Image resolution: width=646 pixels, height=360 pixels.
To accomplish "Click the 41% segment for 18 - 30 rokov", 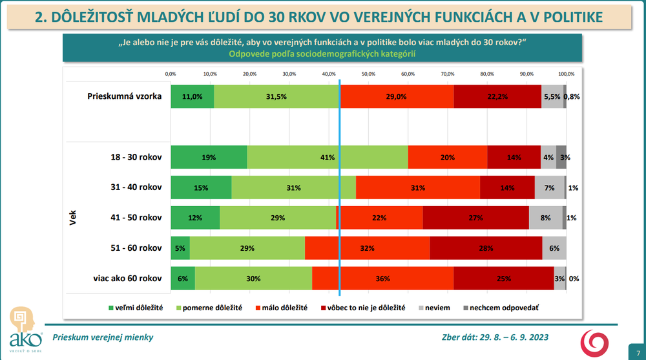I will [328, 157].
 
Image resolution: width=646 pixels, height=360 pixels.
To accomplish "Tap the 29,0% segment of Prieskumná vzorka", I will [397, 96].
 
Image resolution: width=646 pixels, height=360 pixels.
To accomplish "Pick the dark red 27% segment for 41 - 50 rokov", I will [475, 218].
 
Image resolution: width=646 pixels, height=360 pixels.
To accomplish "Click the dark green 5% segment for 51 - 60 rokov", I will [180, 248].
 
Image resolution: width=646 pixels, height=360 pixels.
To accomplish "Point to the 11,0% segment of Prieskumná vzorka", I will [193, 96].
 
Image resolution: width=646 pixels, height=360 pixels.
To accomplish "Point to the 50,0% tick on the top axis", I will [368, 74].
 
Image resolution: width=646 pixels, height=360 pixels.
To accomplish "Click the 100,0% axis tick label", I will [566, 74].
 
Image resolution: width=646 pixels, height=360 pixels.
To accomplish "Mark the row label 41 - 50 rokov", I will [136, 218].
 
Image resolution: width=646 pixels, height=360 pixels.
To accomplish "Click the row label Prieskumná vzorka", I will [124, 96].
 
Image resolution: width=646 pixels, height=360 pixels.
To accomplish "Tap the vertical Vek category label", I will [72, 218].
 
